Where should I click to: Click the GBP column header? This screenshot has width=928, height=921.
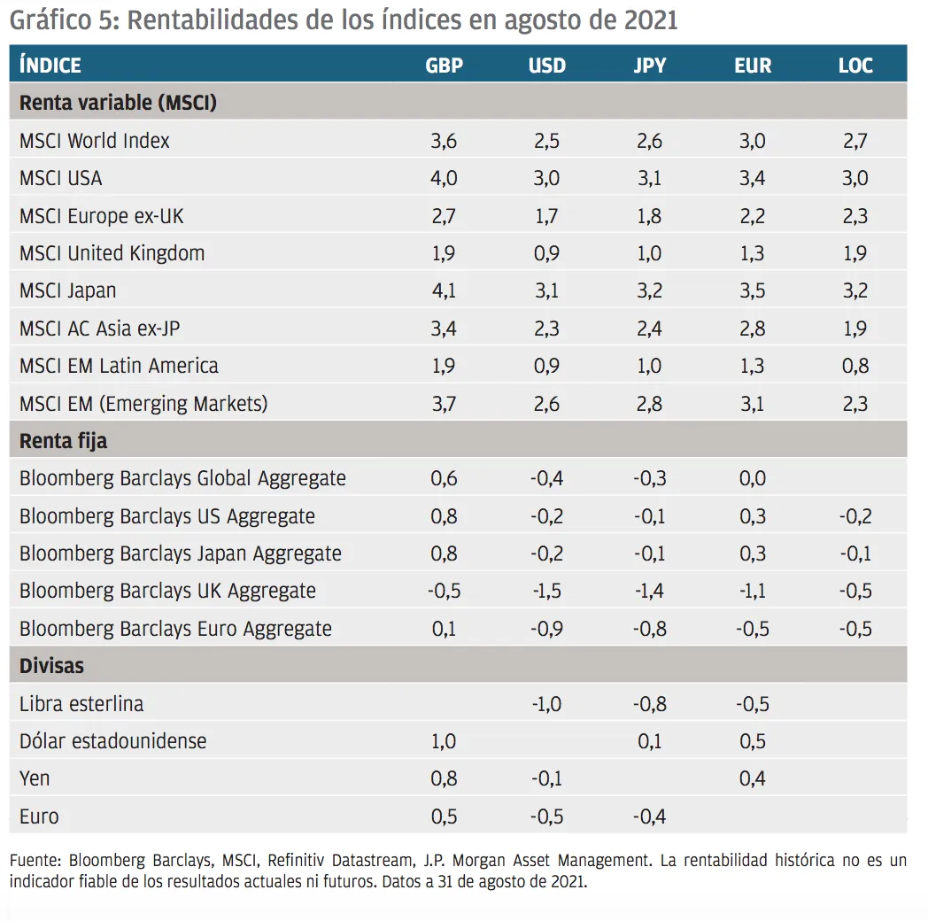(444, 66)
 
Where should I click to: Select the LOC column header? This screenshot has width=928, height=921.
(855, 66)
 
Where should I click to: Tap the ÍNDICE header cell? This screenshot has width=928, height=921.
(50, 66)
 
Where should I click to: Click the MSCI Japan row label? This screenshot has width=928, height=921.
(68, 290)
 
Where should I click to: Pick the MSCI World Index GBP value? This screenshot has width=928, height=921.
(444, 141)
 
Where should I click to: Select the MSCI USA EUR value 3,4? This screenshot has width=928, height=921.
(754, 178)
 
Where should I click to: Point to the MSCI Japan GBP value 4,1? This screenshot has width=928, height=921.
(444, 290)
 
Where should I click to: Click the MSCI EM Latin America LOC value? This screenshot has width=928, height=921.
(855, 366)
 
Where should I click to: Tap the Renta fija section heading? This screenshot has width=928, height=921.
(63, 440)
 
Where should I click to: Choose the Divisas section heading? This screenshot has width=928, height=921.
(51, 665)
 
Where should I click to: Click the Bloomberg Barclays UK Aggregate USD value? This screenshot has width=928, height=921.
(546, 591)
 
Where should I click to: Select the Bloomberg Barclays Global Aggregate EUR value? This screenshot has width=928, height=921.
(754, 478)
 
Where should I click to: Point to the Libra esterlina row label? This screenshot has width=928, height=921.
(81, 704)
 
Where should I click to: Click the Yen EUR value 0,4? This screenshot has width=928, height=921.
(754, 778)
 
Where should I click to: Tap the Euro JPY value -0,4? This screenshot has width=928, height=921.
(649, 817)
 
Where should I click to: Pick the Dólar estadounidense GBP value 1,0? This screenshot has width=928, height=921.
(444, 741)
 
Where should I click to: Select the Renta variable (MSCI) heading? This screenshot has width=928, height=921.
(118, 103)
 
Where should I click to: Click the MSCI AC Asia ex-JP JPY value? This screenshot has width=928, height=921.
(649, 329)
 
